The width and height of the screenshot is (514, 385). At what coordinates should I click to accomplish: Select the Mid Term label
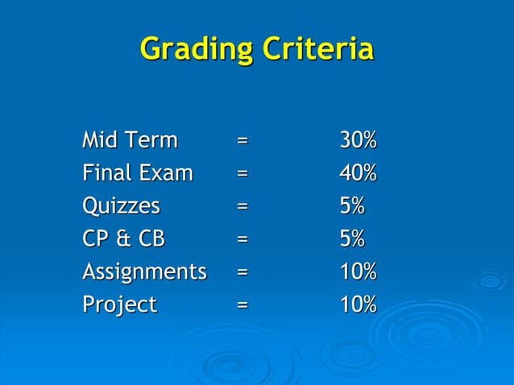pos(130,140)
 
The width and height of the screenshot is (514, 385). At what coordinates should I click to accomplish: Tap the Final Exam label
pos(138,173)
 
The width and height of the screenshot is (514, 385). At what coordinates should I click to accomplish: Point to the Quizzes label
pos(121,207)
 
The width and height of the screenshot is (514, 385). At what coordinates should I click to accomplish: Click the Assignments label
pos(144,272)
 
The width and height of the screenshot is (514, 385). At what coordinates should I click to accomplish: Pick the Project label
pos(119,305)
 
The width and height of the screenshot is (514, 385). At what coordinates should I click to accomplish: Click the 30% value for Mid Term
pos(358,140)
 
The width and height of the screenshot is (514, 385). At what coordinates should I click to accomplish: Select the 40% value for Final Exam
pos(358,173)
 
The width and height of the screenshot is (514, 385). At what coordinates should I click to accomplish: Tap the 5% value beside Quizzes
pos(351,206)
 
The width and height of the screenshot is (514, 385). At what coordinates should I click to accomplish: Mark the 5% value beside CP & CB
pos(351,239)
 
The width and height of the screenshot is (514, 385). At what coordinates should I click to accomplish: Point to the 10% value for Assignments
pos(358,272)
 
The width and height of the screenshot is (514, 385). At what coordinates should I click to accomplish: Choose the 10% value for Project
pos(358,305)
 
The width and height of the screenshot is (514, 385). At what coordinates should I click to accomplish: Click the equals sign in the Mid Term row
pos(242,141)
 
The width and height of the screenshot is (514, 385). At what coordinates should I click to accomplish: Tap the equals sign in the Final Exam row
pos(242,174)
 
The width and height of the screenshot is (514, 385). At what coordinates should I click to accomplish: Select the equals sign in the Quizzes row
pos(242,207)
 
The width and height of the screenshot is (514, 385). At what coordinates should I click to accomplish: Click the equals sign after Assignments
pos(242,273)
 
